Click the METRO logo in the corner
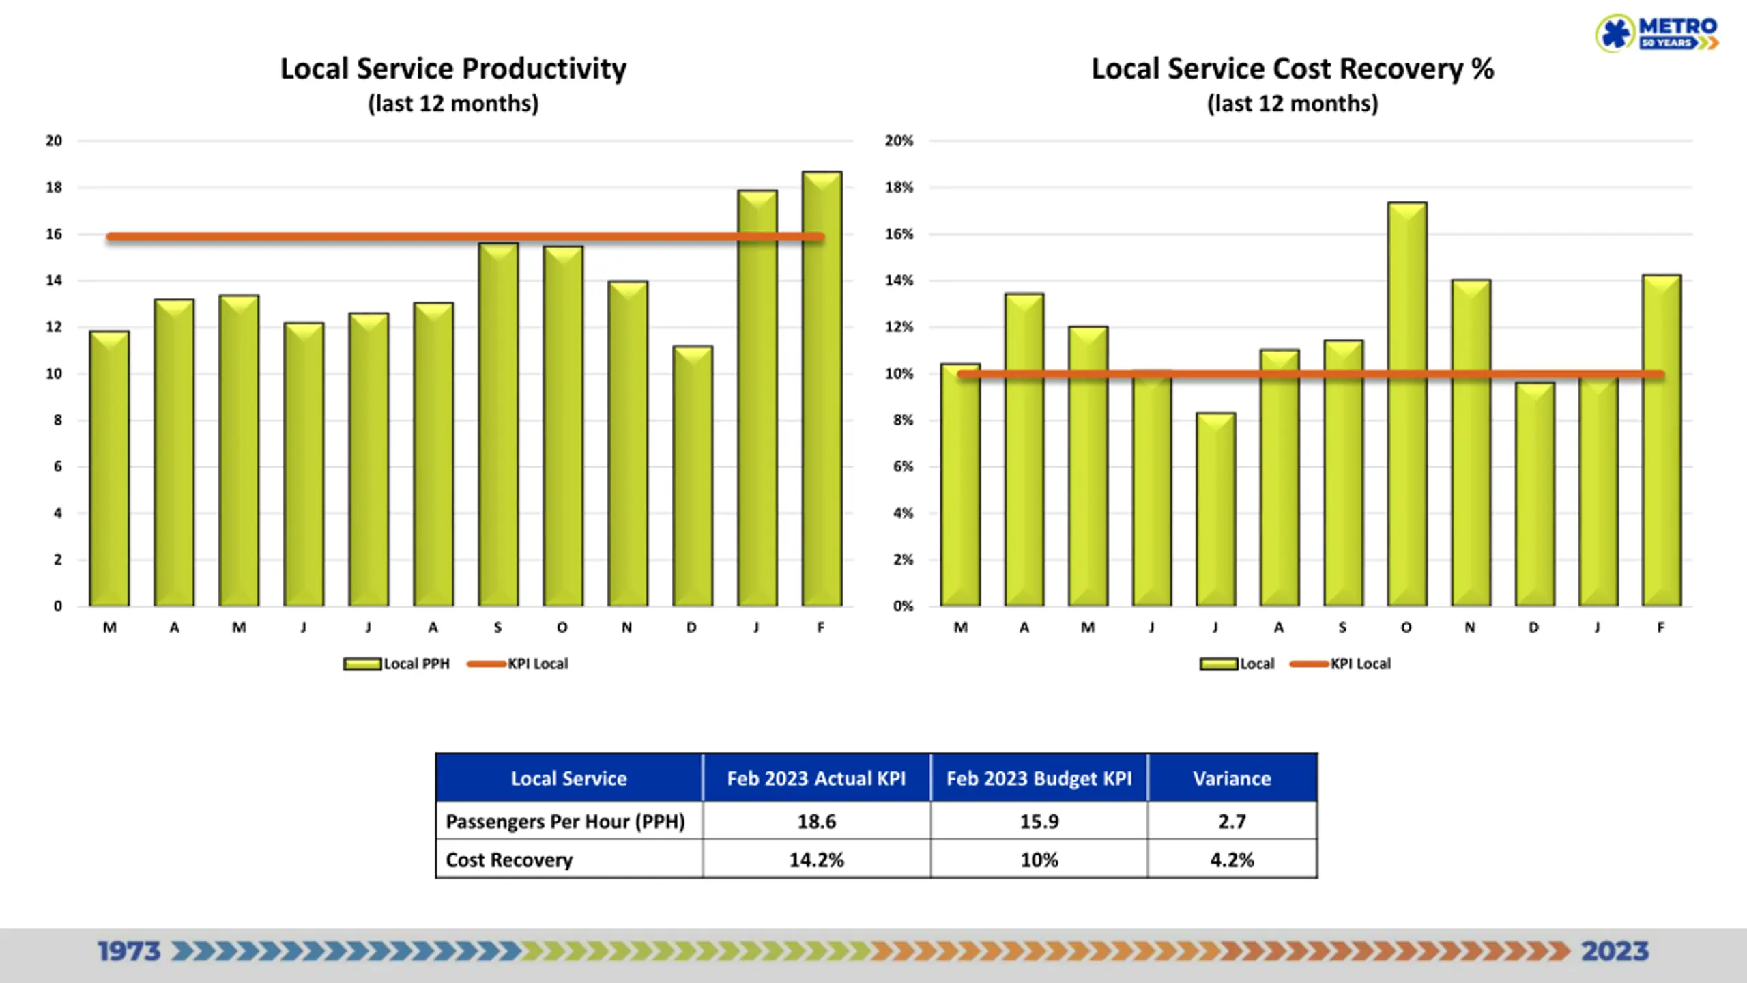(x=1656, y=33)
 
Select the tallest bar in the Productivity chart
(x=822, y=388)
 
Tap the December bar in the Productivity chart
(x=693, y=476)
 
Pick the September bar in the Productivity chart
(x=498, y=425)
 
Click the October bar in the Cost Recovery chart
(x=1407, y=404)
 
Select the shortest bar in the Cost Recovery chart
(x=1216, y=509)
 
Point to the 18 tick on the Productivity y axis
(x=54, y=187)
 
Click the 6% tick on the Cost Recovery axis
(x=903, y=466)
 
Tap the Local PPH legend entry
(x=396, y=664)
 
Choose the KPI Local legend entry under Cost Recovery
(x=1340, y=664)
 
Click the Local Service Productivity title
(x=453, y=69)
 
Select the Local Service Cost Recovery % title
(x=1293, y=69)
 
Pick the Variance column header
(x=1232, y=778)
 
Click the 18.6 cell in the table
(x=817, y=821)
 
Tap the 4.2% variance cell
(x=1232, y=859)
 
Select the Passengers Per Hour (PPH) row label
(x=565, y=821)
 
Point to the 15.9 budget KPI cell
(x=1039, y=821)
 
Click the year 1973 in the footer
(x=129, y=951)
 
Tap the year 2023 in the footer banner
(x=1615, y=951)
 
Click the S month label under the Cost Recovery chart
(x=1342, y=627)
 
